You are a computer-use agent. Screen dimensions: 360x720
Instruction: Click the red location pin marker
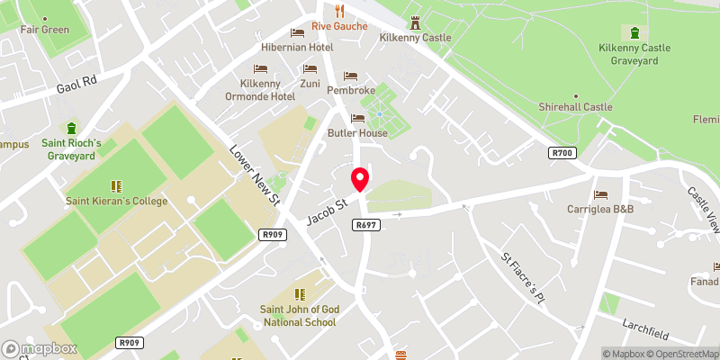coord(360,178)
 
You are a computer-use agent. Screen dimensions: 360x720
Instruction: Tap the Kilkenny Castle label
coord(414,39)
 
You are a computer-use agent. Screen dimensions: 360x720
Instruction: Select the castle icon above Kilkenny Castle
coord(415,22)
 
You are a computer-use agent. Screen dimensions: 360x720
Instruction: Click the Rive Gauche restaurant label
coord(340,26)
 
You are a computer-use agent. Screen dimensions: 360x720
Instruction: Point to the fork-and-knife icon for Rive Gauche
coord(340,10)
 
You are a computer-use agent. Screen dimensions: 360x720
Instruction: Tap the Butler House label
coord(356,133)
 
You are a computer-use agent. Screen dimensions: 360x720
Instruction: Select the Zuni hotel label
coord(310,84)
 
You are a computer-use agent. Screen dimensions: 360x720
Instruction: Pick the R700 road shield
coord(562,154)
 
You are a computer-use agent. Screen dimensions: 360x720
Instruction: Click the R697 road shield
coord(366,224)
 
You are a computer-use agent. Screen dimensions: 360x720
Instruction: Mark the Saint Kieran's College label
coord(116,201)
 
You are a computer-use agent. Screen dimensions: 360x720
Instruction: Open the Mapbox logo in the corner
coord(40,348)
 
